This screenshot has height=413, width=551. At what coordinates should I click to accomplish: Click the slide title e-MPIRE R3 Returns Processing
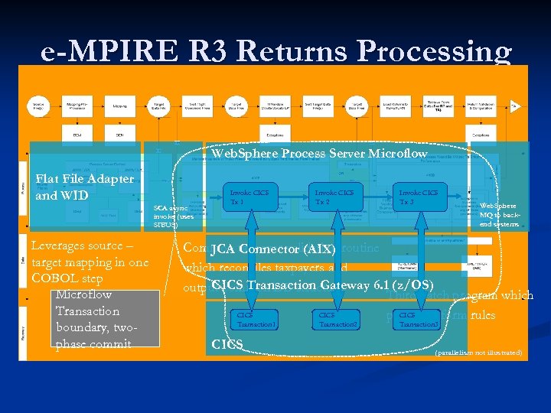click(x=275, y=51)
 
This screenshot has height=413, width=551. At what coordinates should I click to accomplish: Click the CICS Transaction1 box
click(x=254, y=319)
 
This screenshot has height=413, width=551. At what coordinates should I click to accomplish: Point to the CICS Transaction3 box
click(x=418, y=319)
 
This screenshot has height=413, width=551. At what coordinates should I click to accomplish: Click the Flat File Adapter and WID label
click(x=84, y=187)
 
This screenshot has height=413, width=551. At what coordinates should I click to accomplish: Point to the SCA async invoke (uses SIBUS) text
click(x=174, y=216)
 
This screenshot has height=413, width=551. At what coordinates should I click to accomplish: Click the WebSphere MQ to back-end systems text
click(x=499, y=215)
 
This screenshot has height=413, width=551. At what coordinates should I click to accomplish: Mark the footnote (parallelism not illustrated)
click(x=478, y=353)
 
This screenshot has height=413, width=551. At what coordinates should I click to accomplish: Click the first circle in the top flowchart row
click(x=37, y=106)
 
